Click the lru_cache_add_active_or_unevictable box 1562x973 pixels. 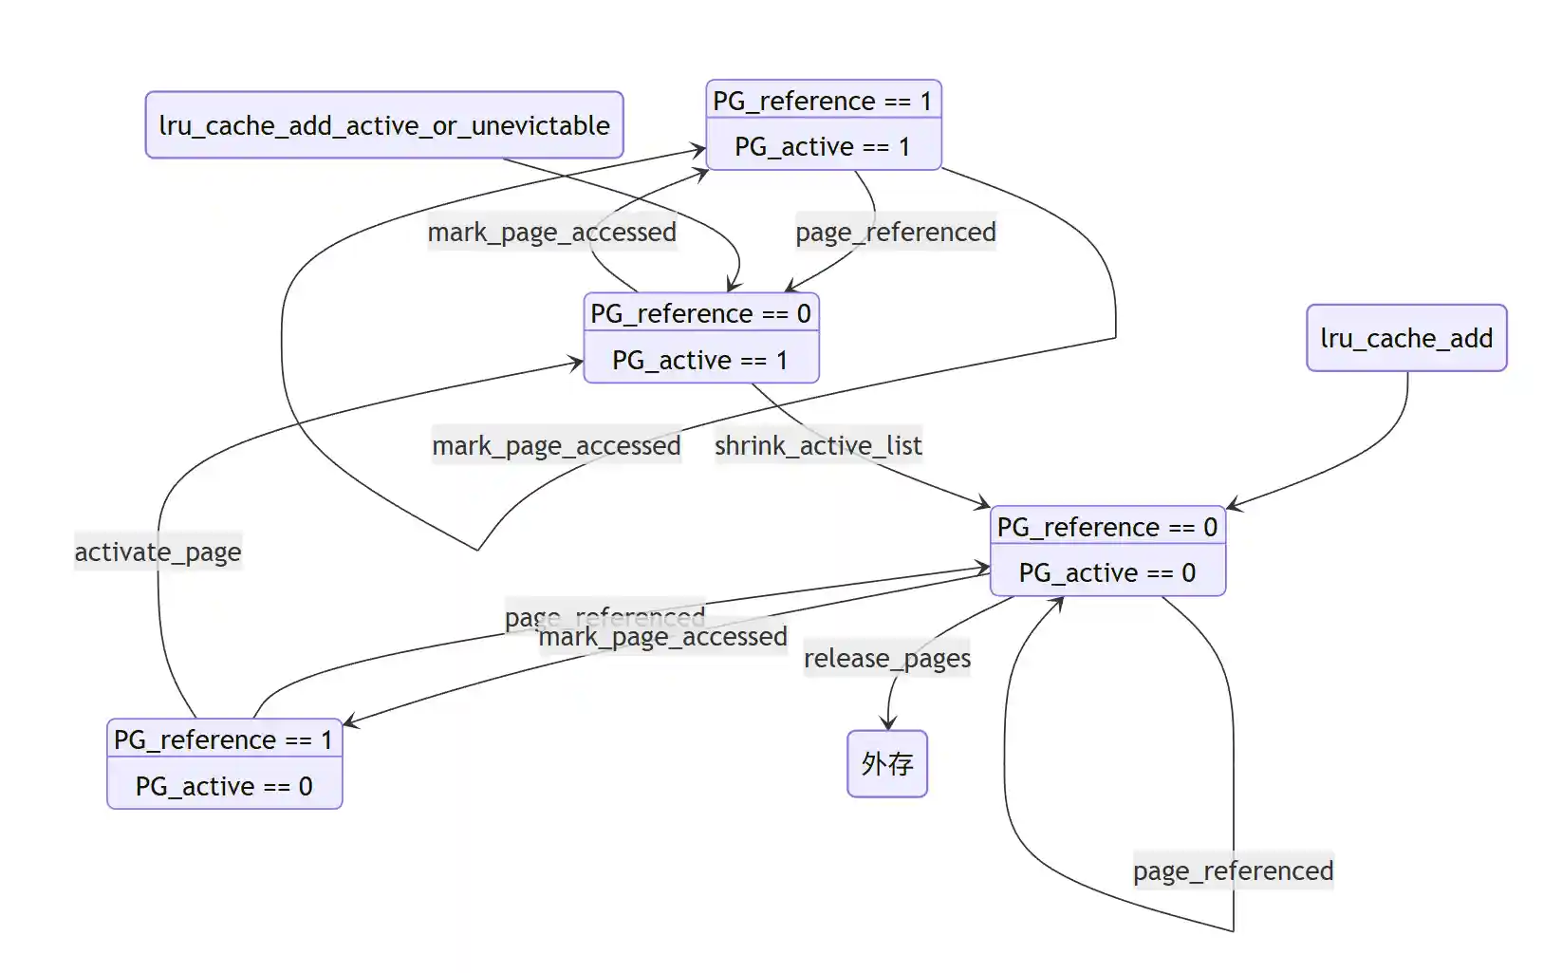(384, 125)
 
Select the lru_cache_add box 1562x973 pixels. (1405, 338)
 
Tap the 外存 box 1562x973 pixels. (886, 763)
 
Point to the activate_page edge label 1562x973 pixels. (158, 552)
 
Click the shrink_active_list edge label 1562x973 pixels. (818, 445)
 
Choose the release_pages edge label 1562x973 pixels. (886, 658)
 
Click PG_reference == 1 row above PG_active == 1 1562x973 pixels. (823, 101)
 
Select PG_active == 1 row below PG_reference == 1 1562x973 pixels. (823, 147)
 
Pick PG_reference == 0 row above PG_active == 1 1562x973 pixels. (700, 314)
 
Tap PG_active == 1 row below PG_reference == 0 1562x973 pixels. (700, 361)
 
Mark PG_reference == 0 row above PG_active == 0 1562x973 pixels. (1106, 527)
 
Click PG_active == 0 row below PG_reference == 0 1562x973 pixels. (1106, 573)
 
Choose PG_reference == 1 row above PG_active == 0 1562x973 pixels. (224, 740)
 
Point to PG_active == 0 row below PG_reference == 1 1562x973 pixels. (224, 787)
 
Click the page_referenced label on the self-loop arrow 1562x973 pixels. (1233, 870)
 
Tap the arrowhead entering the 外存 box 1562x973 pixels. (888, 725)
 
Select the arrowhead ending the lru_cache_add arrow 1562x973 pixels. (1232, 505)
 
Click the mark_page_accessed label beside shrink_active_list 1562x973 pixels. (556, 445)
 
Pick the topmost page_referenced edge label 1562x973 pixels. (895, 232)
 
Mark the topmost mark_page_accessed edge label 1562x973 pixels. (551, 232)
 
